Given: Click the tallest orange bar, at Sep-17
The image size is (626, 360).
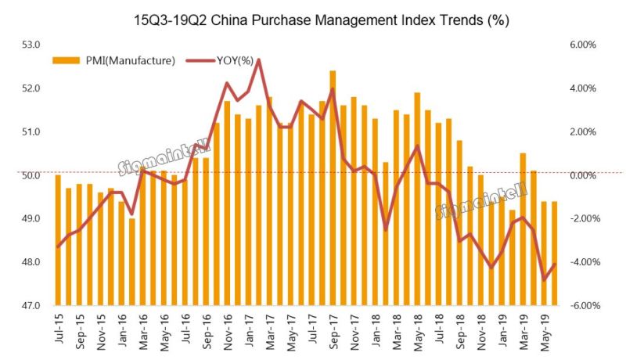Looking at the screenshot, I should pos(333,188).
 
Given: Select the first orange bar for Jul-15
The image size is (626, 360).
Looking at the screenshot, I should pos(58,239).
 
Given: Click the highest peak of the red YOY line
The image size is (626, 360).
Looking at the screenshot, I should pos(258,60).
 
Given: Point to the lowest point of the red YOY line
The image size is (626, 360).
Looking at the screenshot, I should pos(544,279).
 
